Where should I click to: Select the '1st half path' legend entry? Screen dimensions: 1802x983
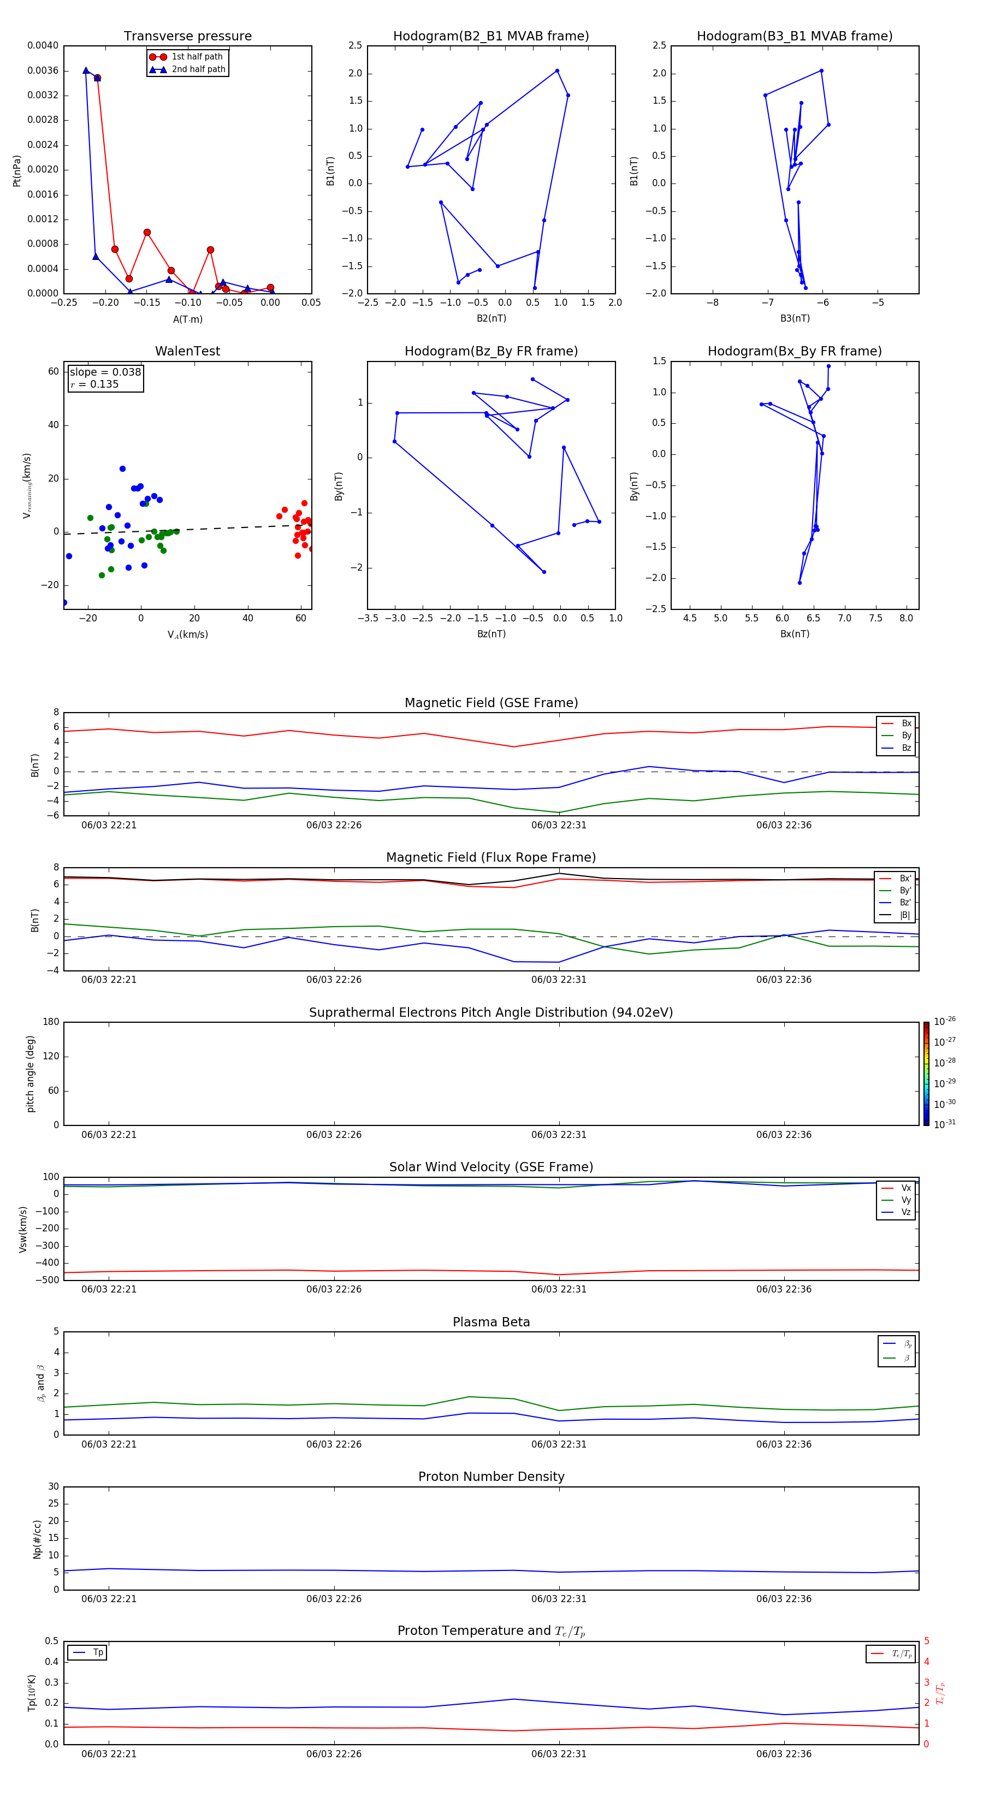(x=197, y=57)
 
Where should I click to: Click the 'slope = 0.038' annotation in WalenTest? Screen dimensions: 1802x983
(x=105, y=372)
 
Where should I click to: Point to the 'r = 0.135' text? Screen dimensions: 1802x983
(x=94, y=384)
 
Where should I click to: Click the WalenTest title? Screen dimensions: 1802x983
(x=187, y=351)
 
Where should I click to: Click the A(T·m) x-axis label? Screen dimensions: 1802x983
(x=187, y=319)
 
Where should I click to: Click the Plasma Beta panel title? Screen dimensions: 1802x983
(x=491, y=1322)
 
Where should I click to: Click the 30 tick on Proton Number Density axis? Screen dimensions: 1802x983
(x=53, y=1486)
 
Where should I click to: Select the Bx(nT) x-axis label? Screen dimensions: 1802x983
(x=794, y=634)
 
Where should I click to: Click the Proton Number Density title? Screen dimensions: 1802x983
(x=491, y=1477)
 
